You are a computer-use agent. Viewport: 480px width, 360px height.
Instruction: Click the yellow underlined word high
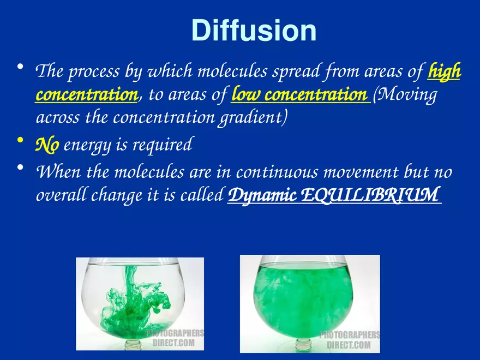point(444,71)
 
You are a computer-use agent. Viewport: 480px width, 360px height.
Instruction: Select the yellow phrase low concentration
point(299,95)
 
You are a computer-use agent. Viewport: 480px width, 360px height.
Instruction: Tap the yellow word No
point(47,145)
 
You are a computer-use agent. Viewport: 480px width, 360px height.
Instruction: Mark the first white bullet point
point(20,68)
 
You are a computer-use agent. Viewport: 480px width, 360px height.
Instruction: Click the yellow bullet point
point(20,141)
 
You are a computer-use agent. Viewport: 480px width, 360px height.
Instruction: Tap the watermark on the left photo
point(174,338)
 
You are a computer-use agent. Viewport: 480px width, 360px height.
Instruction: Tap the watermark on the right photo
point(349,340)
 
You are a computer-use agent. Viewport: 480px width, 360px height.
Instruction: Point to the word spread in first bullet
point(302,71)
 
